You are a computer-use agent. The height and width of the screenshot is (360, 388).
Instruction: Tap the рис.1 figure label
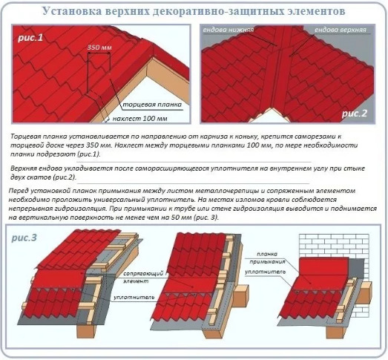pos(30,38)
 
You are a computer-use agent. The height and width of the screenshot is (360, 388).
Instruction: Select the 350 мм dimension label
pos(99,48)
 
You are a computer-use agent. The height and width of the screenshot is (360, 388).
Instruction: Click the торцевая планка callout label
pos(152,105)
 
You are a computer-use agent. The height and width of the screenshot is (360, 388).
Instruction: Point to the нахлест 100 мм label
pos(139,119)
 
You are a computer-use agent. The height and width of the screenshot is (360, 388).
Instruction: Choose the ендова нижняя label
pos(228,30)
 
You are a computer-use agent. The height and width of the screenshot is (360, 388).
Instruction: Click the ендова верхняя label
pos(341,30)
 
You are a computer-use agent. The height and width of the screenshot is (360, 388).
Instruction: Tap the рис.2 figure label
pos(355,114)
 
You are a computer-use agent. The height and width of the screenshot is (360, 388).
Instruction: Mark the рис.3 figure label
pos(24,238)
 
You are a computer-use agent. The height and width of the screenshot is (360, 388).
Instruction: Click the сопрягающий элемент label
pos(143,278)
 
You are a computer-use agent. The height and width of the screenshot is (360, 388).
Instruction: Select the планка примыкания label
pos(267,258)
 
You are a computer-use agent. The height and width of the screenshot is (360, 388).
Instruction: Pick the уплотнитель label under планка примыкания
pos(266,272)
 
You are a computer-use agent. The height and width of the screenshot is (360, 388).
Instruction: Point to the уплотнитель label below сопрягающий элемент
pos(134,297)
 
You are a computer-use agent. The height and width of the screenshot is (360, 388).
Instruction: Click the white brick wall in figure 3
pos(334,245)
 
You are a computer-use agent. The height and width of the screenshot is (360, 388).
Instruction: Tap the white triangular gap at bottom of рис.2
pos(270,117)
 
